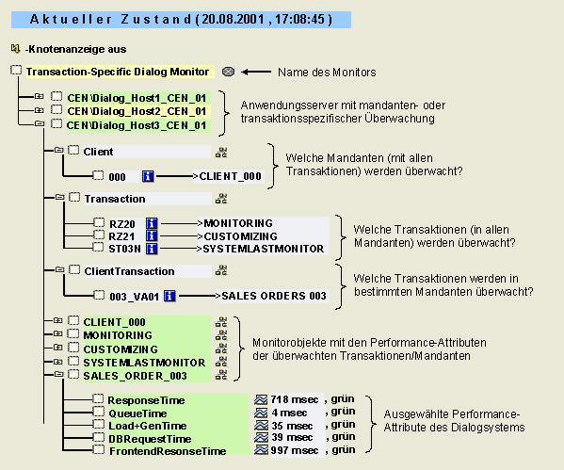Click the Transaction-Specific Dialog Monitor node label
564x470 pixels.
118,72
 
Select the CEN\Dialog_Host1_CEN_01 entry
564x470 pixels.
136,97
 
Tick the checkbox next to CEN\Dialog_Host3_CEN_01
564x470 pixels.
56,124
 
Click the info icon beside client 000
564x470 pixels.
147,176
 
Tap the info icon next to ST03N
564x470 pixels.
149,249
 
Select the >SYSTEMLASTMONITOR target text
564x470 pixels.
263,249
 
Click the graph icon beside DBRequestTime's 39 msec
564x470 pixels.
262,438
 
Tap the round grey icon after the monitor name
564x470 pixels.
240,72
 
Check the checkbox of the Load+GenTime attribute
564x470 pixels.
98,426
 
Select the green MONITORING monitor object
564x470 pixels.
117,335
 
